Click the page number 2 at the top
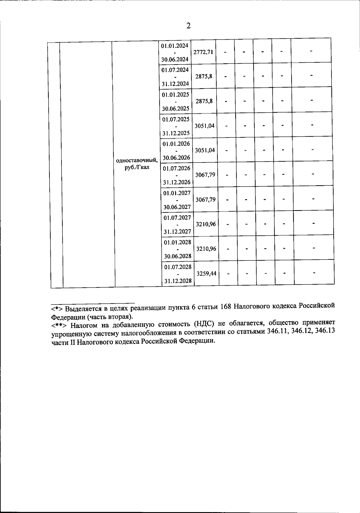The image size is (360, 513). coord(188,26)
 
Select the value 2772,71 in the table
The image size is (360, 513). coord(203,52)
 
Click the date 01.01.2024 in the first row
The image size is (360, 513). coord(175,46)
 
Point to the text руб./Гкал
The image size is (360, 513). coord(137,167)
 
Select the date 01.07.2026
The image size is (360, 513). coord(176,168)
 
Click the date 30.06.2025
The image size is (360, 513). coord(175,109)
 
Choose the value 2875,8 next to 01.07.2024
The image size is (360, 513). coord(204,76)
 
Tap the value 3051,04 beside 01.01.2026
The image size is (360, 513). coord(205,150)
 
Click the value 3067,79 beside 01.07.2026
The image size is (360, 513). coord(205,175)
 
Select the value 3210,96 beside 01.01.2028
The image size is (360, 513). coord(206,249)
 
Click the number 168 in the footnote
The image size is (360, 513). coord(225,306)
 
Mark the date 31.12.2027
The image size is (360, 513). coord(177,232)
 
